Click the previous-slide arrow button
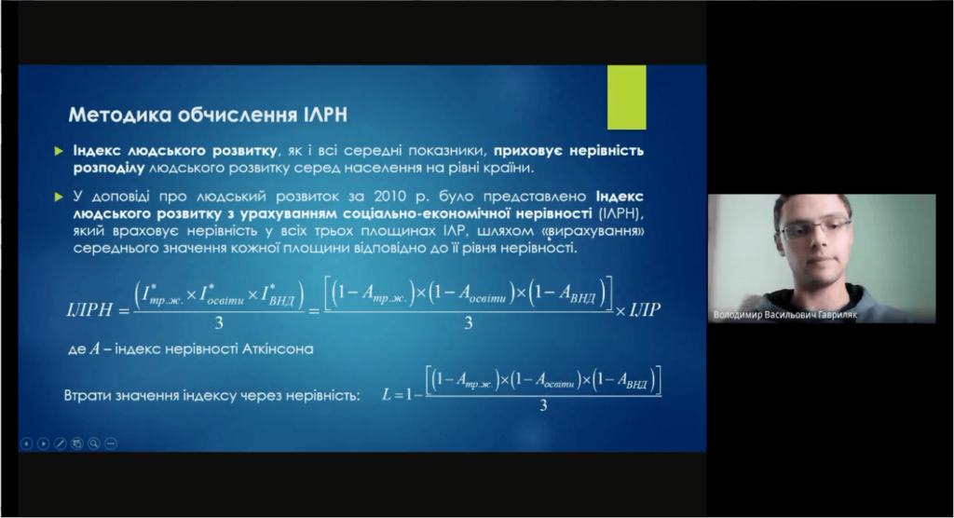[x=26, y=443]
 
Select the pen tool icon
[x=61, y=443]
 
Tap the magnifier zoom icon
[x=94, y=443]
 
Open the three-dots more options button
[x=111, y=443]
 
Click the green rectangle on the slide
[x=627, y=98]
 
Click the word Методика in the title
[x=119, y=115]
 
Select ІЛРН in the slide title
[x=325, y=115]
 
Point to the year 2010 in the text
[x=390, y=197]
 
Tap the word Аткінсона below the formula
[x=278, y=349]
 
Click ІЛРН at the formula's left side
[x=89, y=310]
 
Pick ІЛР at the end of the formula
[x=645, y=310]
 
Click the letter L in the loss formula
[x=387, y=395]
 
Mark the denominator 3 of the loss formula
[x=543, y=405]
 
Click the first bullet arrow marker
[x=59, y=151]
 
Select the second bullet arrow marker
[x=59, y=198]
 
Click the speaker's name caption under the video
[x=784, y=315]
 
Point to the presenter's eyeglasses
[x=815, y=229]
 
